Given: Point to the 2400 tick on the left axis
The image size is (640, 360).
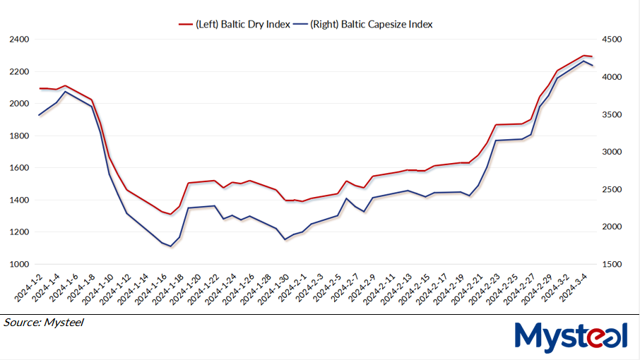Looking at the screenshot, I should pos(19,40).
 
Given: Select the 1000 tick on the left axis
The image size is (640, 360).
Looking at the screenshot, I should pos(19,265).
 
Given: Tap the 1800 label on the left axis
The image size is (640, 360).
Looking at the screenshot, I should pos(19,136).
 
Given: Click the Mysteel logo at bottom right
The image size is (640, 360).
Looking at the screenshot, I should pos(571,337).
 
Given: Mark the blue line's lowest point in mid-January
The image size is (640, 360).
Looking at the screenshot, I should pos(171,246).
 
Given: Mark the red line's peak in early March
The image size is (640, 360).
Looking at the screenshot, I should pos(583,55).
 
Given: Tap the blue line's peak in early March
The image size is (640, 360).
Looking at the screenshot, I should pos(583,61).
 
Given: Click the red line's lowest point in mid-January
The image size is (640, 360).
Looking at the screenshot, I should pos(171,214).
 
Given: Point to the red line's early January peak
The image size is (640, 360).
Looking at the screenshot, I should pos(65,85).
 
